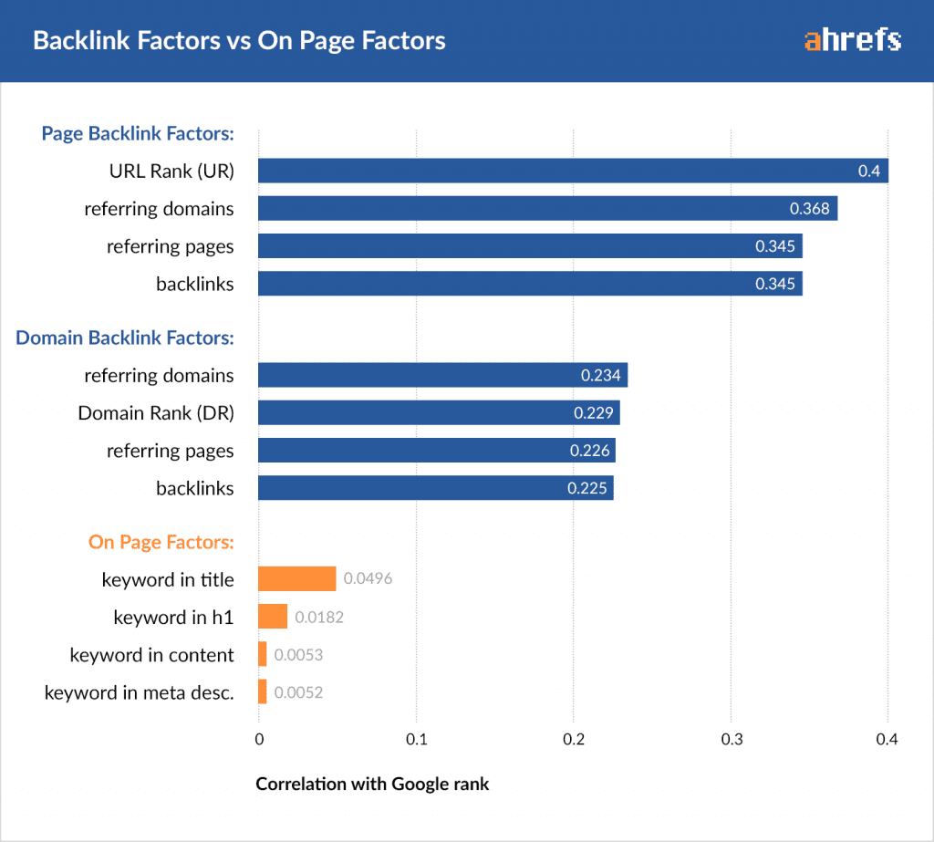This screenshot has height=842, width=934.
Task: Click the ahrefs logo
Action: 853,40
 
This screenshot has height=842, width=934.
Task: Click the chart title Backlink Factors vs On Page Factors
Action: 239,41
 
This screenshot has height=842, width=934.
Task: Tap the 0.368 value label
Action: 810,209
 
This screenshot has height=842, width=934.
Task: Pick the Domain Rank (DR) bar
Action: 439,412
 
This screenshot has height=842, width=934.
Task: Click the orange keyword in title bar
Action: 297,579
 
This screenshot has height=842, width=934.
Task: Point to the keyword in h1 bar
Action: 273,617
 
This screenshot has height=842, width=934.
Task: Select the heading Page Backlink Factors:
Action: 138,133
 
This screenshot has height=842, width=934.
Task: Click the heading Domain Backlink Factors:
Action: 125,338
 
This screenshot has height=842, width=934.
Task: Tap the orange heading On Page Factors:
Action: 161,542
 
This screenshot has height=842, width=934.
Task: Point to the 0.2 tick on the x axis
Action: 573,739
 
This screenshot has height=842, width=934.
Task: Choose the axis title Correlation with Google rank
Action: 372,784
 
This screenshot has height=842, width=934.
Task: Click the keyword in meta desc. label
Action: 140,692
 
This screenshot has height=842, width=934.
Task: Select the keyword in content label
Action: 152,655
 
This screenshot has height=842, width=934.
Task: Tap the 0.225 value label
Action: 586,488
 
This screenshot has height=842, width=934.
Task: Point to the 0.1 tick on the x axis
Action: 416,739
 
